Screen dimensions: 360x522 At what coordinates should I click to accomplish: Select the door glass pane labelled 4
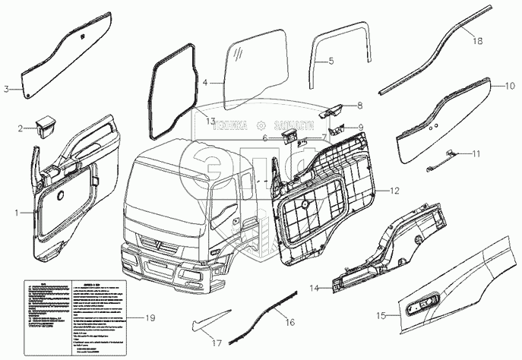(255, 64)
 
